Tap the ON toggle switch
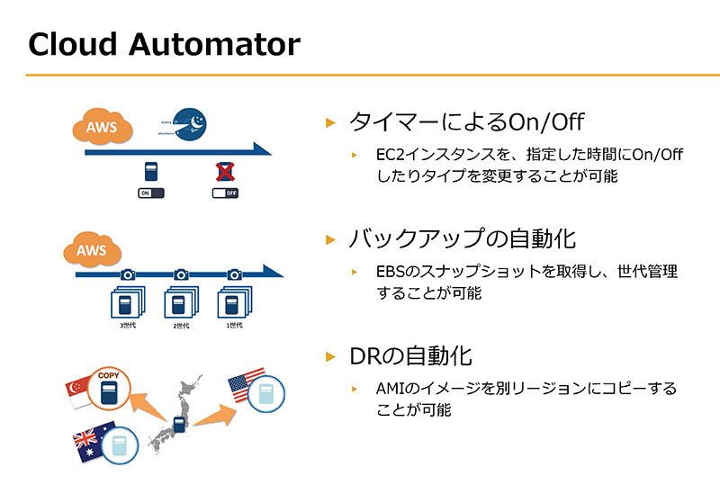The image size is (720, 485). click(x=152, y=193)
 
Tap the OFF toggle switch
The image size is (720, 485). click(x=225, y=193)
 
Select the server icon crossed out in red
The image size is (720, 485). click(x=224, y=171)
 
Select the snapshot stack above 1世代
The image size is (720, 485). click(x=236, y=301)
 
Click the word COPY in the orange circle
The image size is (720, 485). click(x=108, y=374)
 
